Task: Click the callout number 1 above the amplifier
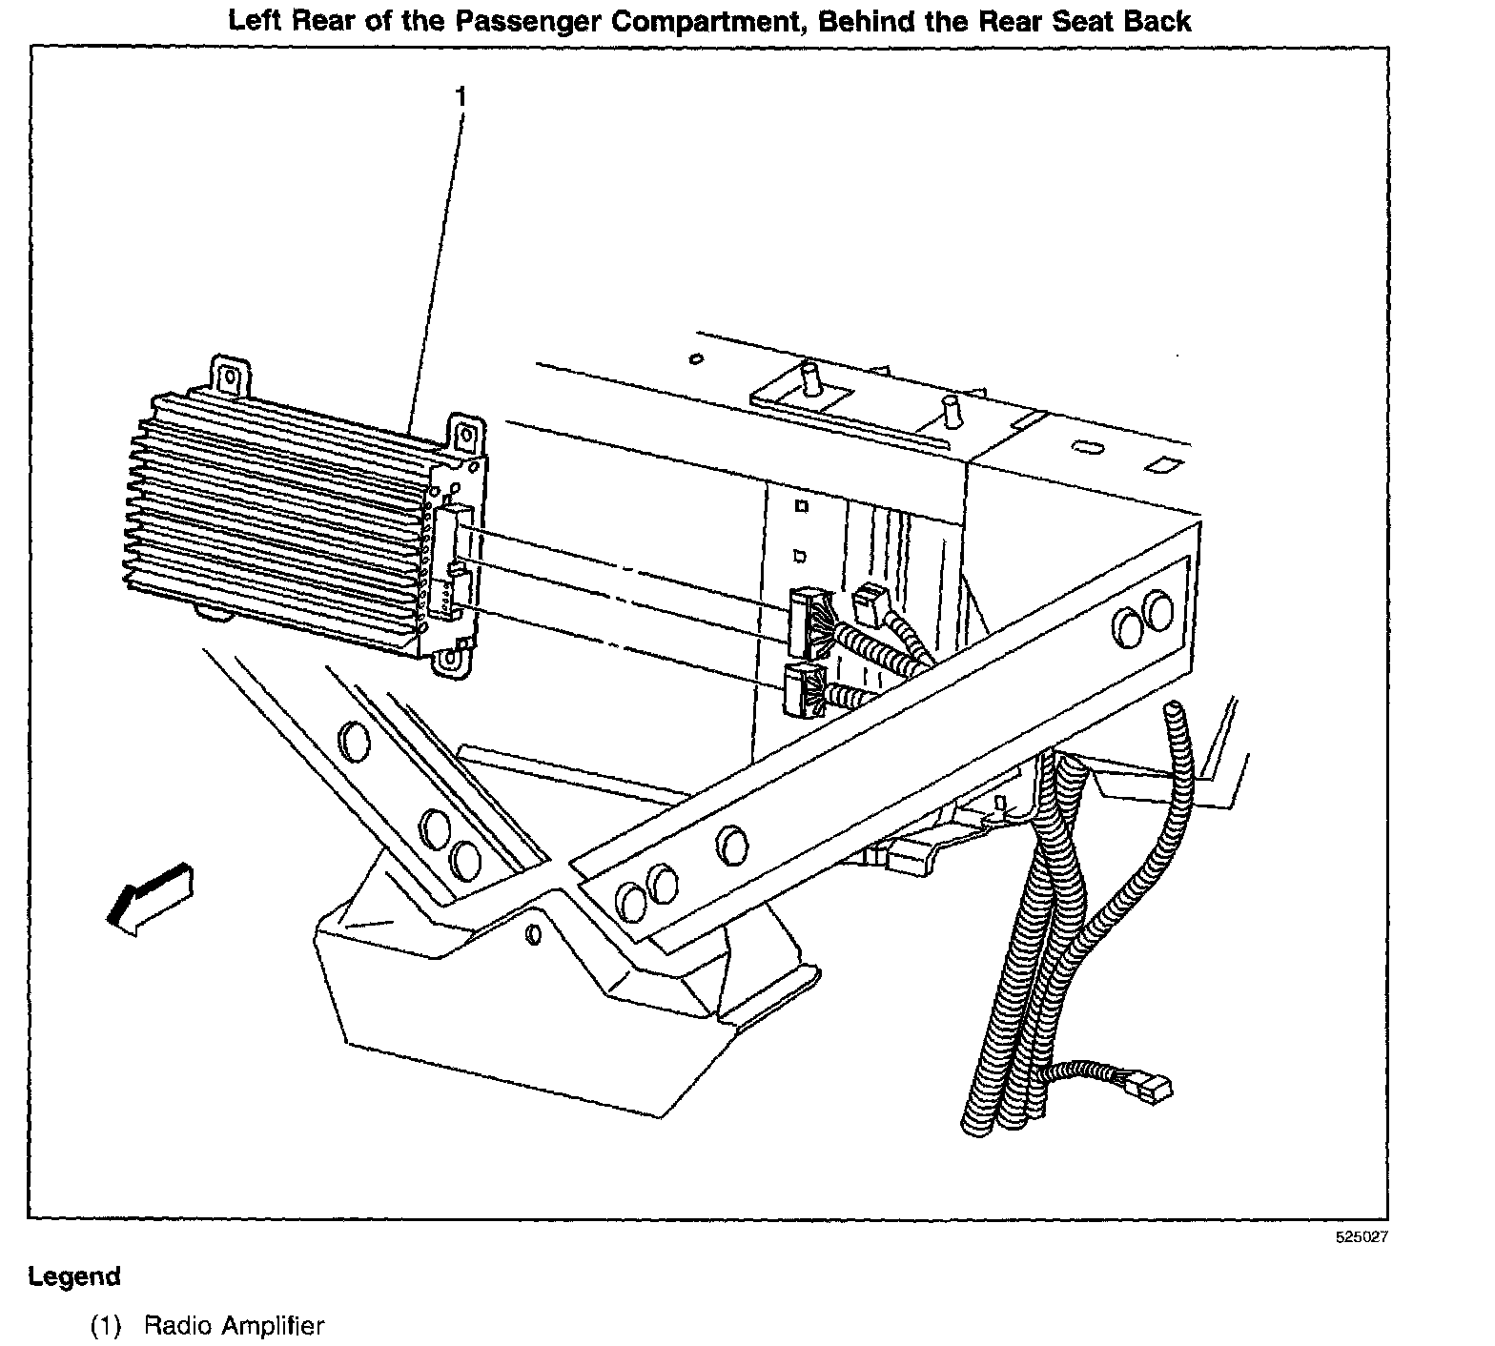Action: pos(461,97)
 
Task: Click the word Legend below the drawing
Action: pos(74,1276)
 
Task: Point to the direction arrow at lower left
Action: pos(148,895)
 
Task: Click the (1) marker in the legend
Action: pos(106,1326)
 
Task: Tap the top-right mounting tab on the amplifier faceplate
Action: pos(464,435)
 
